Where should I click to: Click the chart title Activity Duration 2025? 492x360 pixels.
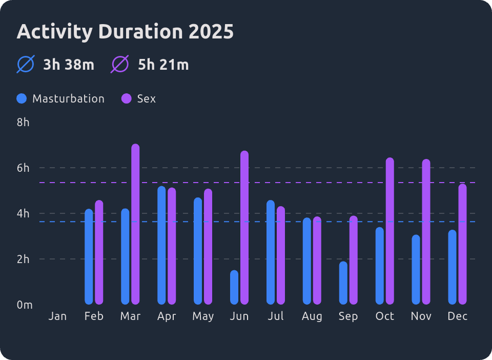125,32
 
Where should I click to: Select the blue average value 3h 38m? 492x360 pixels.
69,65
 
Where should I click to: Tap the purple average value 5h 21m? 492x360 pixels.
163,65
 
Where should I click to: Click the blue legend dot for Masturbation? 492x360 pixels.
22,98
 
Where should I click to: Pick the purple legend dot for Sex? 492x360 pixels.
126,98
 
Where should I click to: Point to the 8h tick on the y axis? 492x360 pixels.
23,123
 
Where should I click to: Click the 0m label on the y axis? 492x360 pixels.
24,305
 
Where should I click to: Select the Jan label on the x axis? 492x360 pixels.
57,316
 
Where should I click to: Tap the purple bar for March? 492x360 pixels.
135,224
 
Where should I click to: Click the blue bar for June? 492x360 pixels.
234,287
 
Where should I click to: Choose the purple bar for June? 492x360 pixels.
244,228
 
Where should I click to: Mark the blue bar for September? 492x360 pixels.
343,283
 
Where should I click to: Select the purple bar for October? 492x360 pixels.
390,231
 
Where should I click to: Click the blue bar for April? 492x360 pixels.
161,245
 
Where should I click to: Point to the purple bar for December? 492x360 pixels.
462,244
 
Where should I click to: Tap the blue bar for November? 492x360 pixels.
416,270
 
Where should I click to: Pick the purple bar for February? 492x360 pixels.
99,252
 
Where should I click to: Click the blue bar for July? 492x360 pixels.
271,252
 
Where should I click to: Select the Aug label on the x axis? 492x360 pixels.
312,316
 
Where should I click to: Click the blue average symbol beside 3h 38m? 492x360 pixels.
26,65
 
